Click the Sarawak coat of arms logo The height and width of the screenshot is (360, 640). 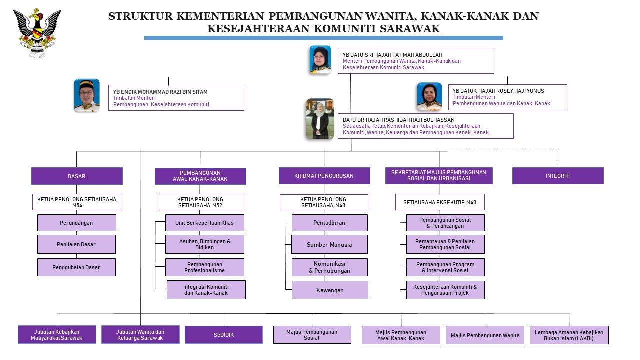coord(37,33)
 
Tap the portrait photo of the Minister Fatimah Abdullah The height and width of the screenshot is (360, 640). coord(320,60)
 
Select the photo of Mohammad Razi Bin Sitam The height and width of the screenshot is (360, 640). coord(87,95)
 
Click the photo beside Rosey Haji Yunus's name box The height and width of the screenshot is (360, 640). coord(429,97)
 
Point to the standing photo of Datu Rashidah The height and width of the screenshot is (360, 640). coord(320,119)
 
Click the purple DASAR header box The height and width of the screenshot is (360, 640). coord(77,176)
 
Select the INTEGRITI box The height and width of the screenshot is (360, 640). coord(558,176)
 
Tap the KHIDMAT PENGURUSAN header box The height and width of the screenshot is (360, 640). coord(324,176)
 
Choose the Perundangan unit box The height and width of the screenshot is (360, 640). coord(77,223)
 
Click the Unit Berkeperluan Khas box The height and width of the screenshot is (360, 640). coord(205,223)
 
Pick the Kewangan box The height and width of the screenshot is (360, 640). coord(330,290)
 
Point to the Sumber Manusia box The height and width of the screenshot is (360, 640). coord(329,244)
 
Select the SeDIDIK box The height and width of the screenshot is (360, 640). coord(224,335)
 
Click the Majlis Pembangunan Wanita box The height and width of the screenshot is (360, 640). coord(485,335)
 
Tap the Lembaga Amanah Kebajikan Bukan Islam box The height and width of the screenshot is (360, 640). coord(569,335)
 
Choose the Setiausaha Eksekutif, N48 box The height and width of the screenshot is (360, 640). coord(440,202)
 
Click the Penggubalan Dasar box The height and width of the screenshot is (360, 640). coord(76,267)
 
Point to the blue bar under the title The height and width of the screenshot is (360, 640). coord(323,38)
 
